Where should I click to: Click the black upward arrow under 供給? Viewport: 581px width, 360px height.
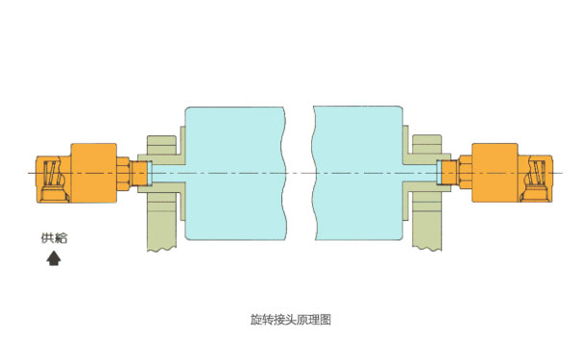(54, 256)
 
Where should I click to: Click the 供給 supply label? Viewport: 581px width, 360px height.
(54, 238)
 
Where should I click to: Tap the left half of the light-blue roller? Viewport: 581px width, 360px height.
(233, 173)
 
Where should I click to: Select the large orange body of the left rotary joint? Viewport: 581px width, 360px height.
(93, 173)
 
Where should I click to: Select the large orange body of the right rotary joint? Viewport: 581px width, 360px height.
(493, 173)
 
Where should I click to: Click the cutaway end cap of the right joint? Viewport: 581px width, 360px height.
(535, 177)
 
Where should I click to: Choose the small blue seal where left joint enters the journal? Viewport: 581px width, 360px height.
(144, 174)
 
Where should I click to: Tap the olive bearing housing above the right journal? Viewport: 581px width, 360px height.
(423, 141)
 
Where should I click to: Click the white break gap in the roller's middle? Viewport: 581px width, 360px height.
(300, 173)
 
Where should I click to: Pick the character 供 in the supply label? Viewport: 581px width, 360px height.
(47, 238)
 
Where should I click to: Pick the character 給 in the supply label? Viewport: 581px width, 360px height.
(61, 238)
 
